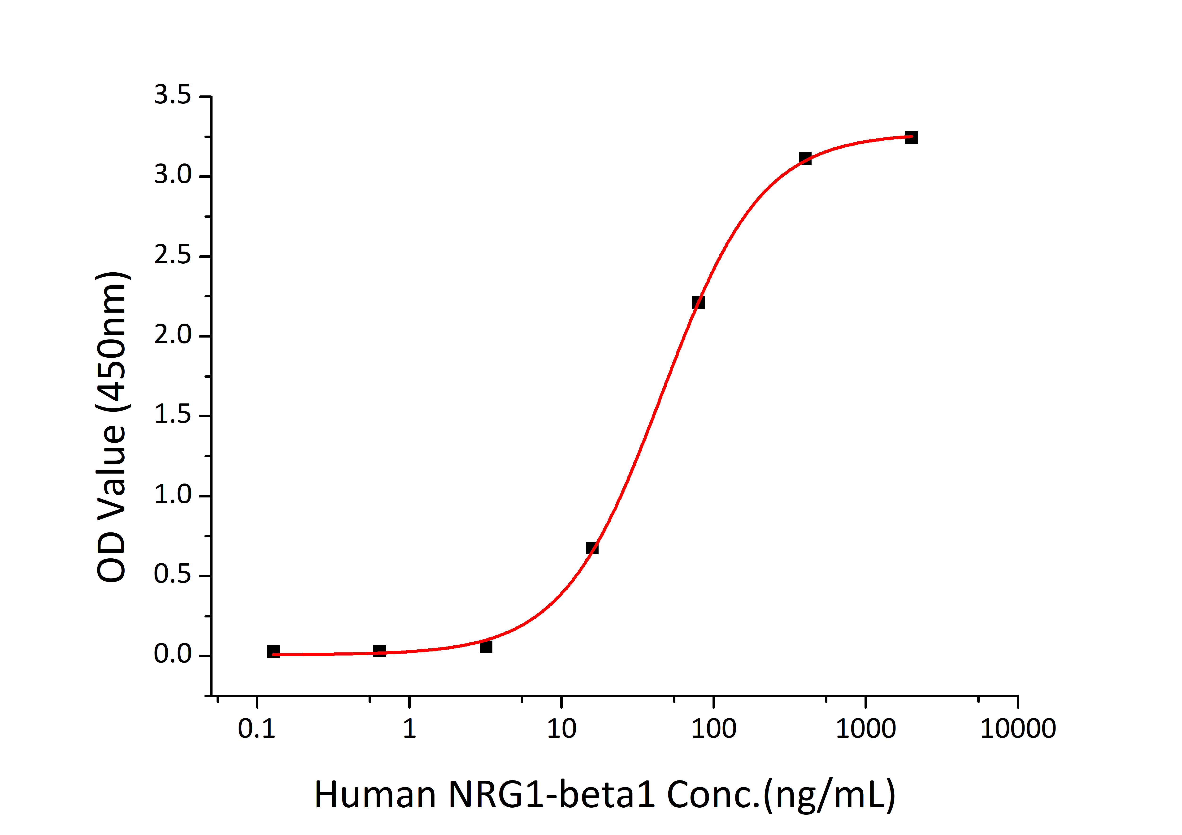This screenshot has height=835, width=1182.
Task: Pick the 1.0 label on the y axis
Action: (x=173, y=495)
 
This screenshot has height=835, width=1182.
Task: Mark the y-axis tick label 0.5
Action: (x=173, y=575)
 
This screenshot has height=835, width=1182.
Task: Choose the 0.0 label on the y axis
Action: (x=173, y=655)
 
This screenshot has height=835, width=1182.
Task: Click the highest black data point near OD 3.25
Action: (x=911, y=137)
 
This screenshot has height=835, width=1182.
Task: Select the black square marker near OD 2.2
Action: (x=698, y=303)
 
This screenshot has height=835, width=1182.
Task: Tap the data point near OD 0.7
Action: (x=592, y=548)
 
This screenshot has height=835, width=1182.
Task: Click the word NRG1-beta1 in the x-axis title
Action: (x=552, y=795)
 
